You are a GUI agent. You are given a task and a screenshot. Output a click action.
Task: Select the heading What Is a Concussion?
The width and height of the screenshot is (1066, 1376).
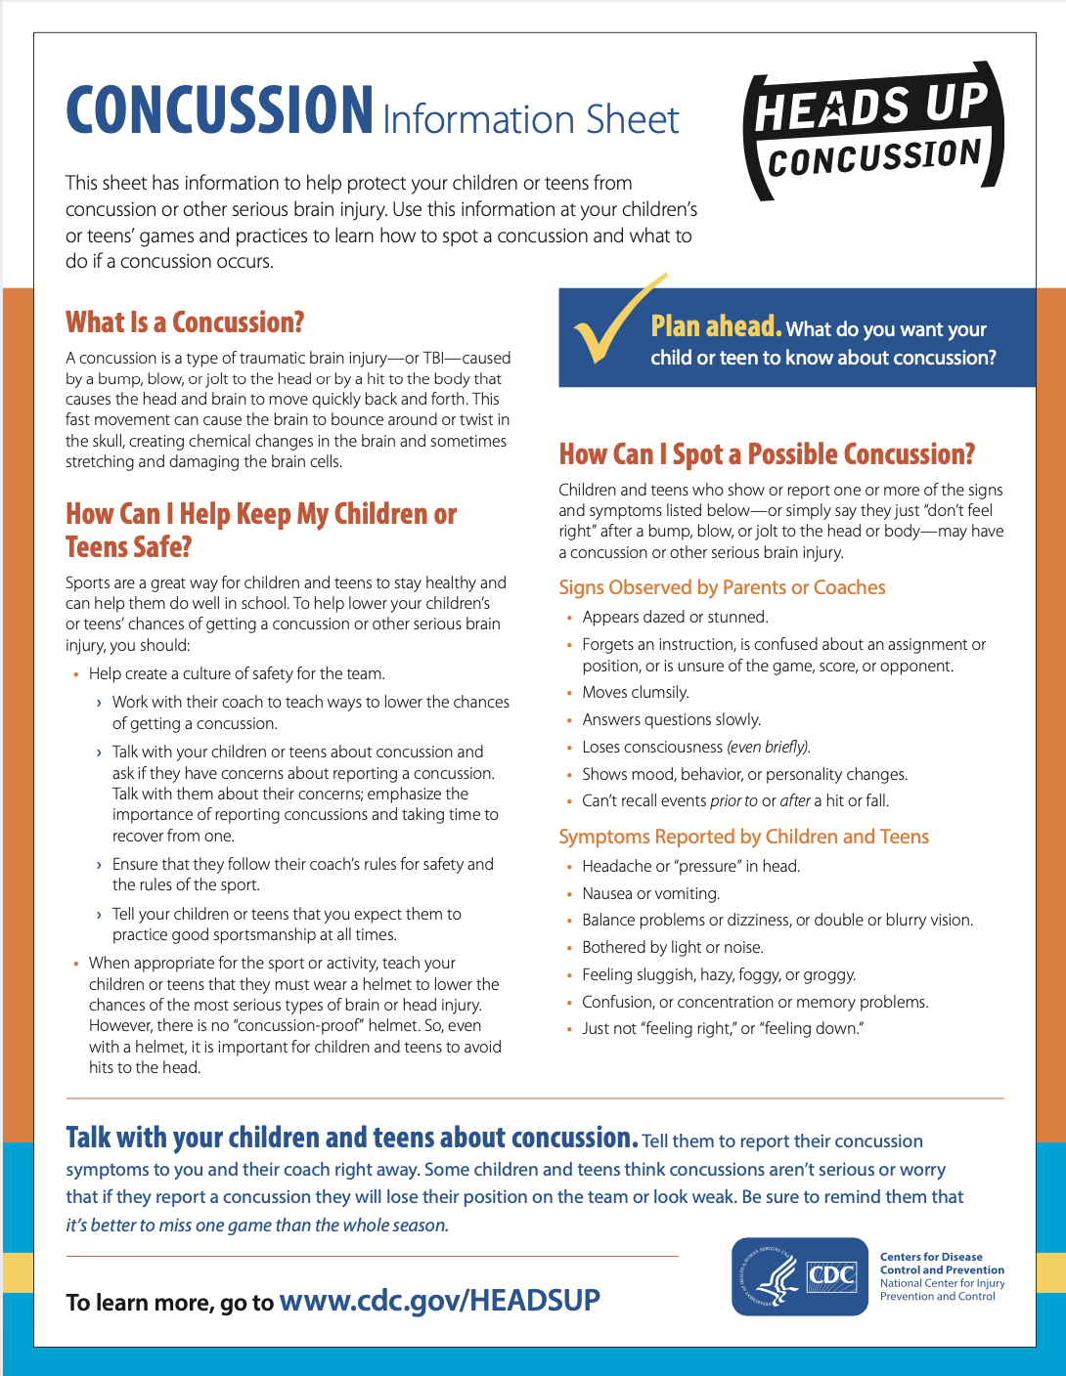pyautogui.click(x=185, y=322)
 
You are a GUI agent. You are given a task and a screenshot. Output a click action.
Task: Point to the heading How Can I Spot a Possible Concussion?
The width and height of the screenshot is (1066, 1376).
pyautogui.click(x=767, y=454)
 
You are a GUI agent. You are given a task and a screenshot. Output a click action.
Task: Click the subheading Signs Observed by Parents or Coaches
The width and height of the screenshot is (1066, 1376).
pyautogui.click(x=722, y=587)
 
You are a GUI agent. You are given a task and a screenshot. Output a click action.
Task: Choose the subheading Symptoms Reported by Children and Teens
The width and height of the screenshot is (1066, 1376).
pyautogui.click(x=743, y=837)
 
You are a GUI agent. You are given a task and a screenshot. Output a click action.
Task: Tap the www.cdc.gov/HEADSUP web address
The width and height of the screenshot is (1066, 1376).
pyautogui.click(x=439, y=1301)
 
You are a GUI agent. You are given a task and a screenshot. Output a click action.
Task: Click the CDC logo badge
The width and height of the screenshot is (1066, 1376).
pyautogui.click(x=799, y=1276)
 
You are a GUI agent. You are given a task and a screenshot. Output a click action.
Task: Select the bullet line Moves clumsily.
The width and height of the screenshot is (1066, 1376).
pyautogui.click(x=636, y=693)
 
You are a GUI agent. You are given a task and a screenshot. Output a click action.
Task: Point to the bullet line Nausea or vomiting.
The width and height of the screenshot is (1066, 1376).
pyautogui.click(x=650, y=893)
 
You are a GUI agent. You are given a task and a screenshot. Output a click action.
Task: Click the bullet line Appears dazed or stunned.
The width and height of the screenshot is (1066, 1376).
pyautogui.click(x=675, y=618)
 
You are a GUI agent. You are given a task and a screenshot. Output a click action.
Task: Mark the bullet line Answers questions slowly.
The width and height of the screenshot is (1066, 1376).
pyautogui.click(x=671, y=720)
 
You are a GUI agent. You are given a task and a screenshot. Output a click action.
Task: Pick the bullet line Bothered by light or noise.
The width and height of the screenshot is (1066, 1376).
pyautogui.click(x=672, y=947)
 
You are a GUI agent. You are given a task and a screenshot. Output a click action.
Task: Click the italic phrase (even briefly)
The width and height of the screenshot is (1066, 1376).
pyautogui.click(x=769, y=748)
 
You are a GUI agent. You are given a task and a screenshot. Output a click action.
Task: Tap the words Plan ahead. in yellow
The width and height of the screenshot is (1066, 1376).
pyautogui.click(x=716, y=326)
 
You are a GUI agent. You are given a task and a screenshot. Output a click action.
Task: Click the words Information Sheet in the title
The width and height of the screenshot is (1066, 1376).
pyautogui.click(x=530, y=119)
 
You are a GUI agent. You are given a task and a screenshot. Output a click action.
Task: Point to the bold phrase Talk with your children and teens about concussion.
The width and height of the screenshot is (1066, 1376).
pyautogui.click(x=352, y=1139)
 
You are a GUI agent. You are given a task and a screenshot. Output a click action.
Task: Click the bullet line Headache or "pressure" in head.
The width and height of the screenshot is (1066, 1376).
pyautogui.click(x=690, y=866)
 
